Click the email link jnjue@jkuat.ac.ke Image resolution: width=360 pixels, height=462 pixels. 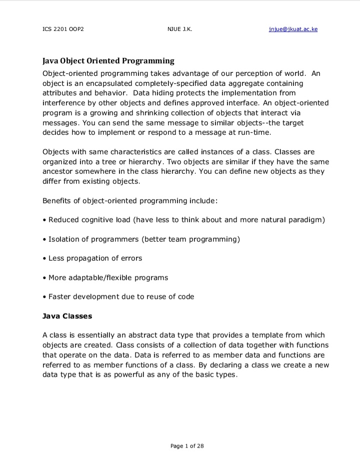click(x=293, y=29)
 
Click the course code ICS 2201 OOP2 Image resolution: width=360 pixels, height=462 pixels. click(x=63, y=29)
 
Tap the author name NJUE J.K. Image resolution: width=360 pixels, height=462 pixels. click(x=180, y=29)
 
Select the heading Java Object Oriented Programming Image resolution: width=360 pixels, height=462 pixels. click(x=108, y=61)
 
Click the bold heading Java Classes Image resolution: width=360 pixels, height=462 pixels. click(x=67, y=316)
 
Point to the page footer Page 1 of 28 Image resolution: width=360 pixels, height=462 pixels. click(x=187, y=446)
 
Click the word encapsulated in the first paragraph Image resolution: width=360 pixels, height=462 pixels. click(x=126, y=83)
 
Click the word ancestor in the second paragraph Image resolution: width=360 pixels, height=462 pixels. click(x=58, y=171)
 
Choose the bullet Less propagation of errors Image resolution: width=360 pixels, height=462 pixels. click(x=95, y=258)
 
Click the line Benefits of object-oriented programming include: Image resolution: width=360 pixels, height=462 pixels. click(x=130, y=201)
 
